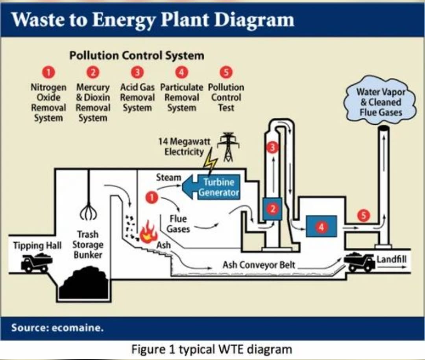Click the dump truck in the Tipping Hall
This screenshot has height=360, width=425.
pos(36,262)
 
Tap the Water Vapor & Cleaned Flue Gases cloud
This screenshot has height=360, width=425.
pos(380,102)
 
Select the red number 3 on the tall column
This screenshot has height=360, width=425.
pos(272,148)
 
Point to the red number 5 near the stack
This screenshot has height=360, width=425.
pos(364,215)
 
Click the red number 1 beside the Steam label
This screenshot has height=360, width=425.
pos(152,197)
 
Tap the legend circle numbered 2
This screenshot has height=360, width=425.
pos(93,72)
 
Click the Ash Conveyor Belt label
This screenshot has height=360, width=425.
pos(259,265)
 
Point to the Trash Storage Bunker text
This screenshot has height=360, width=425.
pos(87,244)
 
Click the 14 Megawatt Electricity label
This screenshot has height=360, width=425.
pos(184,146)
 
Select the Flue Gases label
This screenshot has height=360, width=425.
pos(178,223)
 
